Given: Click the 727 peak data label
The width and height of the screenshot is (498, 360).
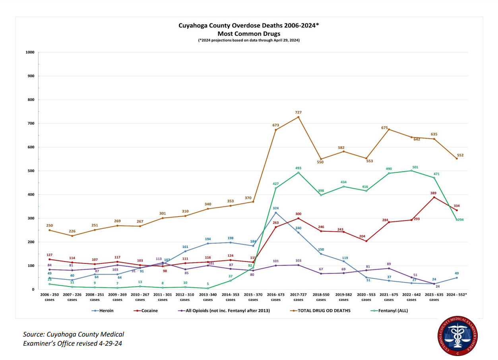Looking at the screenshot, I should (x=298, y=112).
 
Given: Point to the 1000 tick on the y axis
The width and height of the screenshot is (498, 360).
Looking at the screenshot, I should (x=30, y=52).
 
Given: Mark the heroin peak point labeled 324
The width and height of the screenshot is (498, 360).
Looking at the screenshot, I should (x=275, y=213).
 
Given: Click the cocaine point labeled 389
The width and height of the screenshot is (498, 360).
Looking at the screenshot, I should (x=434, y=197).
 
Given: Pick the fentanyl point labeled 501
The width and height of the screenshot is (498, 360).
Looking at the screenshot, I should (x=411, y=170).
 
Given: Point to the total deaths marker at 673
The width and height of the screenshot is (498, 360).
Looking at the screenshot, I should (x=275, y=130).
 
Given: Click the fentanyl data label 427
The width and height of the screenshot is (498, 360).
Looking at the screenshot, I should (x=275, y=184).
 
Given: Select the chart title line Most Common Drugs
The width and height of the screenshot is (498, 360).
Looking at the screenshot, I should (x=249, y=34).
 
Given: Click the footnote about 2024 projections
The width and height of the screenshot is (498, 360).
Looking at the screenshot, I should (x=249, y=41).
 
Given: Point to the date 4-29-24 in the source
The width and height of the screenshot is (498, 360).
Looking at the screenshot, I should (x=110, y=343).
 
